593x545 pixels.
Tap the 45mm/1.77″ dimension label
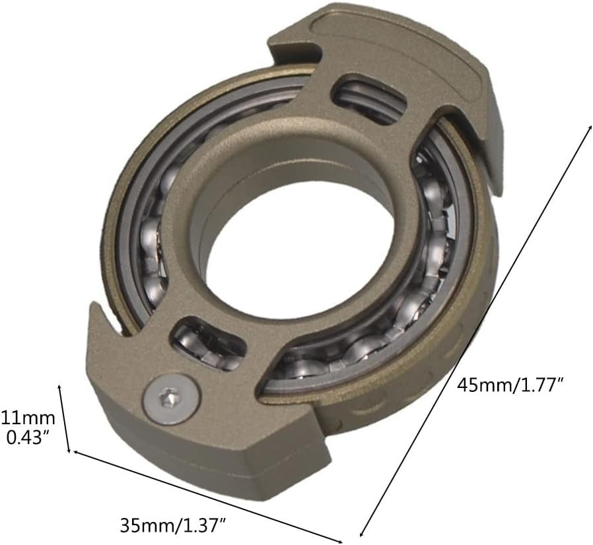tap(510, 385)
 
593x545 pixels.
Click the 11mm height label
tap(28, 418)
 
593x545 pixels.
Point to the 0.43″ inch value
tap(29, 437)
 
